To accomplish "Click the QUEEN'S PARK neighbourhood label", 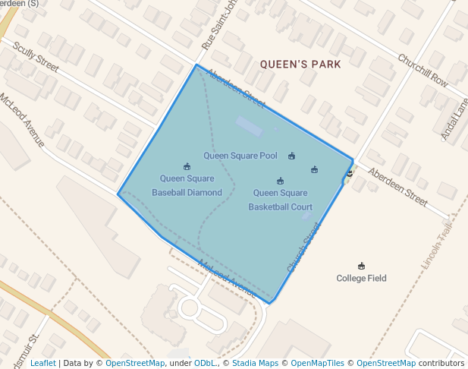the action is [x=300, y=65].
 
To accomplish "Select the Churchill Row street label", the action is [x=423, y=69].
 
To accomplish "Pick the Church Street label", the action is [x=303, y=248].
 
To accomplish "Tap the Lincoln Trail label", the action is [x=438, y=239].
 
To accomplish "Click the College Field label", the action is [x=361, y=279].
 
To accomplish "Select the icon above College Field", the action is [x=361, y=266].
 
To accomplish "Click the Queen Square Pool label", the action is [x=240, y=156].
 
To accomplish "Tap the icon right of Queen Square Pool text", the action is [x=292, y=156].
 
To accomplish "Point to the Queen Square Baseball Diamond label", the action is [x=187, y=185].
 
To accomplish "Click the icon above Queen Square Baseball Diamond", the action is [x=187, y=166].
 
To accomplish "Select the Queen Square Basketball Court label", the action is [x=280, y=200].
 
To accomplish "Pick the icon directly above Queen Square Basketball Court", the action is [x=280, y=181].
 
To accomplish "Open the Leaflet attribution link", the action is [x=42, y=364].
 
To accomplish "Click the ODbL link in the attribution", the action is [x=204, y=364].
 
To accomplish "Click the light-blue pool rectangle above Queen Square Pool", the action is [x=249, y=125].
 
